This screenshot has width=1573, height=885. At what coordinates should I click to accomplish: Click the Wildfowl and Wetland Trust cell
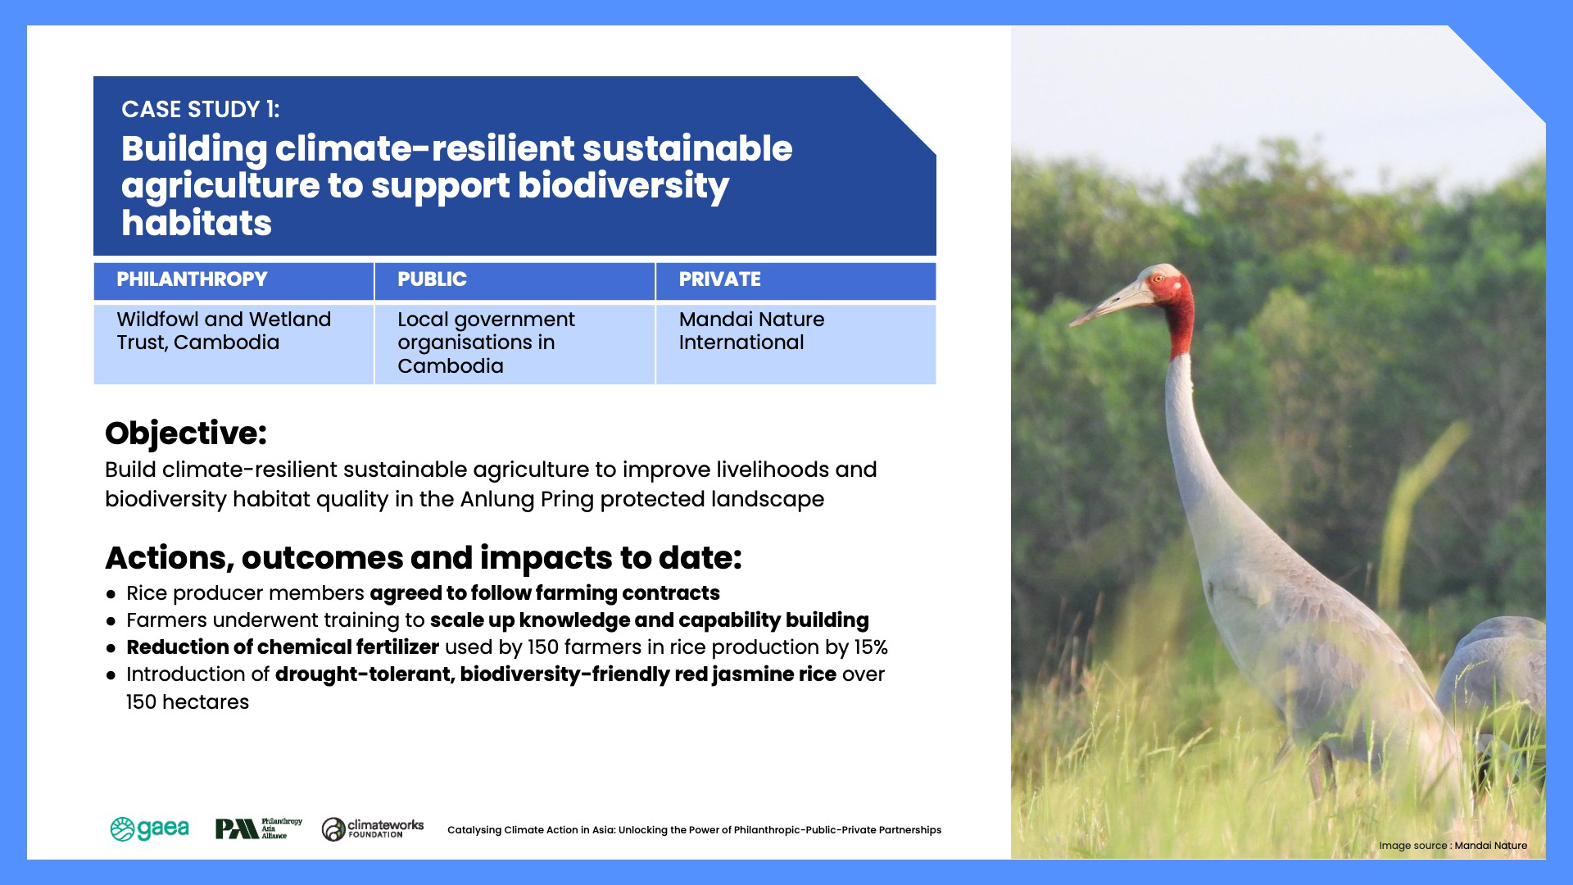(233, 344)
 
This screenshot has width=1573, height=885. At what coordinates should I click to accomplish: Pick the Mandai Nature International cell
(796, 344)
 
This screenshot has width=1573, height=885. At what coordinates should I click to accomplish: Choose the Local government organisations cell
(515, 344)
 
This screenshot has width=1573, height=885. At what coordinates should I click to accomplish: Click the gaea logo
(149, 829)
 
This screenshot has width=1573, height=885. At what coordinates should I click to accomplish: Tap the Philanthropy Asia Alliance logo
(258, 829)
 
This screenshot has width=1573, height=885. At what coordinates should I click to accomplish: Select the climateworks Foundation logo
(373, 829)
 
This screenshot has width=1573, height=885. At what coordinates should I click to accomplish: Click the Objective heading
(186, 433)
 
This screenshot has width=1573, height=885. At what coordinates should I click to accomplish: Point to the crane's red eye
(1158, 279)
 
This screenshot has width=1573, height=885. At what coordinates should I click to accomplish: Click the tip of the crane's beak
(1071, 325)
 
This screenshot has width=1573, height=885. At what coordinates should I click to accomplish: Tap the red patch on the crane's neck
(1181, 320)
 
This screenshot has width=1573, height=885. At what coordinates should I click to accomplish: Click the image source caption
(1453, 846)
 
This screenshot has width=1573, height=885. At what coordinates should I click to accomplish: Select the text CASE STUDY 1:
(201, 110)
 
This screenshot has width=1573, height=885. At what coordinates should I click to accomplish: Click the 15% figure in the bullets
(871, 647)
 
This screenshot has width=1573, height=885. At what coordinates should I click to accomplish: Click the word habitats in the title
(197, 223)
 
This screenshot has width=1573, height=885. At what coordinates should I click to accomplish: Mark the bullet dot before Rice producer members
(111, 594)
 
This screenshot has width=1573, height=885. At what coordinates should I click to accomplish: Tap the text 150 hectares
(188, 702)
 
